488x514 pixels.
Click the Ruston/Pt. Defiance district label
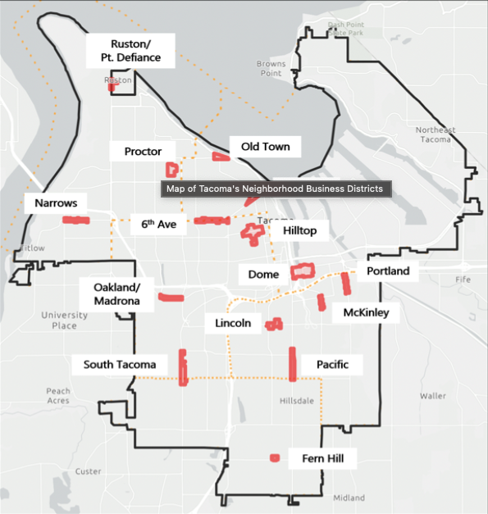135,50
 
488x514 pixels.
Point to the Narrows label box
56,202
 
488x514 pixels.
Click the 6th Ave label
158,222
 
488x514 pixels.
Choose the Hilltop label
299,231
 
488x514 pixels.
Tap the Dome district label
263,274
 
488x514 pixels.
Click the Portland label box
387,271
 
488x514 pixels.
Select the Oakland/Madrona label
117,293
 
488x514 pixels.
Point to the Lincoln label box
233,323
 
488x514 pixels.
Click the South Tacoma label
120,364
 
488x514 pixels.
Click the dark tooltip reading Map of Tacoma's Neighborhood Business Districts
275,189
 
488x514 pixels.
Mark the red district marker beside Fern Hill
275,457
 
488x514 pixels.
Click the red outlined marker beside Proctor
172,170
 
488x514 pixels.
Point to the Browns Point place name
271,68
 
